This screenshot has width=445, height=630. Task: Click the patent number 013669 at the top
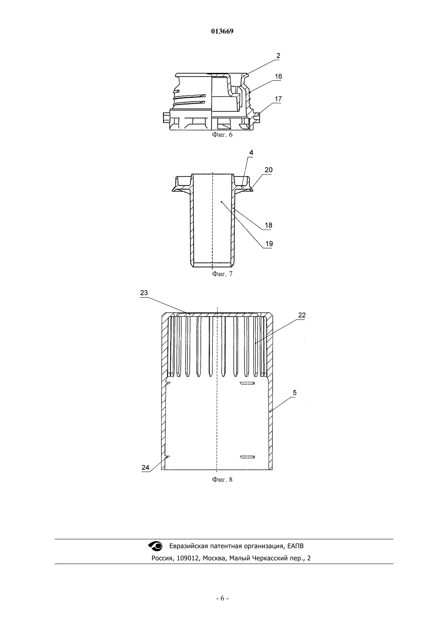222,31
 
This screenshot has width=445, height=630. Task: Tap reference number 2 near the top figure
278,56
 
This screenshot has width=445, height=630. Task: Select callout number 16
278,77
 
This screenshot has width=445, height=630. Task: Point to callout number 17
278,99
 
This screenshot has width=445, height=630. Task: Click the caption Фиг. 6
222,134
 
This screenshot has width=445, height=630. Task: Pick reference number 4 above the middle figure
251,153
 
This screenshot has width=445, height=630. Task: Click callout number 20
269,170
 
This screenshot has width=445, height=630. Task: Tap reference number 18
269,225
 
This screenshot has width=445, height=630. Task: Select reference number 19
269,244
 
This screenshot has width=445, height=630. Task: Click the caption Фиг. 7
222,274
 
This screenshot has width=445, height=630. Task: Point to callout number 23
144,293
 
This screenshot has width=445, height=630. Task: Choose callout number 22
302,315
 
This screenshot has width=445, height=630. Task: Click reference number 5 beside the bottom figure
295,393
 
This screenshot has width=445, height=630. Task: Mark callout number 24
146,467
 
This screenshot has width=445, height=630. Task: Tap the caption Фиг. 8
222,479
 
